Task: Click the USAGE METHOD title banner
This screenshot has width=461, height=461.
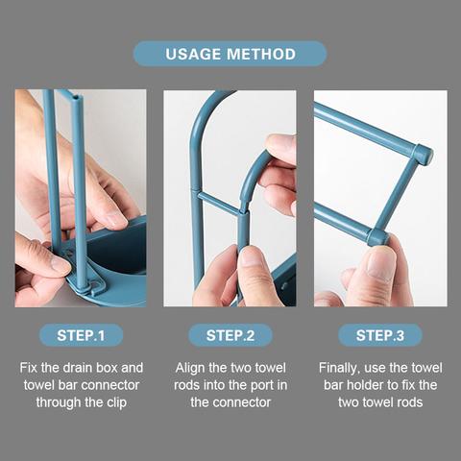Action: pyautogui.click(x=230, y=54)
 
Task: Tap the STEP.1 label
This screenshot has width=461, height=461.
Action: pyautogui.click(x=81, y=335)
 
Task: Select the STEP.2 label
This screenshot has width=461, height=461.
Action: pyautogui.click(x=230, y=335)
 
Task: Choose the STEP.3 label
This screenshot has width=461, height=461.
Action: pyautogui.click(x=380, y=335)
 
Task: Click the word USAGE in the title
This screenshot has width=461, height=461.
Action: pyautogui.click(x=196, y=54)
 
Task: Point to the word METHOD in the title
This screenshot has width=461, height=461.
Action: pyautogui.click(x=262, y=54)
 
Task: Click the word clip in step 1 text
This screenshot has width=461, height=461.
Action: pyautogui.click(x=134, y=402)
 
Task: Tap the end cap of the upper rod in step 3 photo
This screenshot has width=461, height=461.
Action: pyautogui.click(x=423, y=155)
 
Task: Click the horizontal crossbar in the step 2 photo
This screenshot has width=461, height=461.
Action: pyautogui.click(x=217, y=203)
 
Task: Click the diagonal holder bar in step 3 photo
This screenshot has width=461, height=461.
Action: pyautogui.click(x=400, y=192)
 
